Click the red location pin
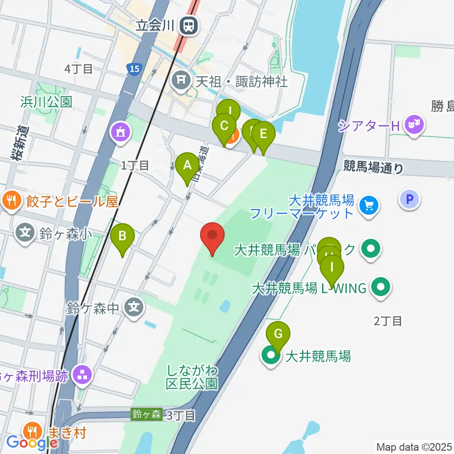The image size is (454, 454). click(212, 236)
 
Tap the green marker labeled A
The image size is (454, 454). click(187, 166)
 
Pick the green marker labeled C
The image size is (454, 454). click(224, 127)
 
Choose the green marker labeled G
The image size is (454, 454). click(278, 335)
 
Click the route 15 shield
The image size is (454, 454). click(134, 70)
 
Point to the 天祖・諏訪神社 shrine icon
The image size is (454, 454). click(181, 81)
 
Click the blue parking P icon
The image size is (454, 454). click(410, 199)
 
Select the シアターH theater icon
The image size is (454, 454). click(415, 126)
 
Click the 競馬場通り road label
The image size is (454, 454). click(374, 167)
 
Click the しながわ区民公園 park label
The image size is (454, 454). click(192, 376)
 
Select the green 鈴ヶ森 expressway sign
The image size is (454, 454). click(147, 414)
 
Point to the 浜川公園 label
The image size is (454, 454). click(46, 102)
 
